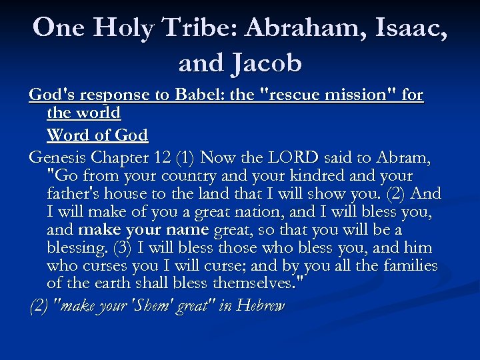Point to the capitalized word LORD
pyautogui.click(x=293, y=158)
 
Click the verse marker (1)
pyautogui.click(x=185, y=158)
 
